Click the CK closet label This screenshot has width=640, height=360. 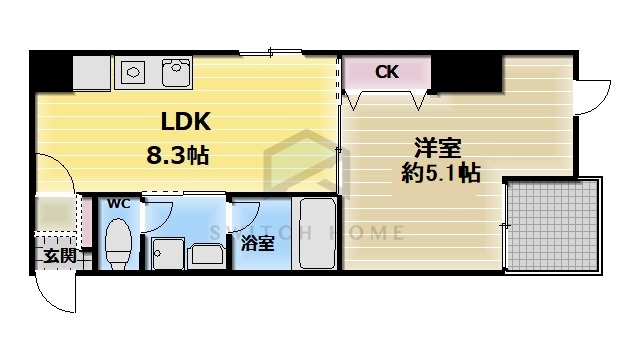pos(387,71)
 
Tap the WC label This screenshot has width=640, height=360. pos(119,204)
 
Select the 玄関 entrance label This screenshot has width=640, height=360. pos(58,254)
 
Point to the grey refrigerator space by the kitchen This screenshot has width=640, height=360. pos(92,73)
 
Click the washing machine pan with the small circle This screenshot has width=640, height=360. pos(167,254)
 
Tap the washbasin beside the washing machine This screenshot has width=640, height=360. pos(207,254)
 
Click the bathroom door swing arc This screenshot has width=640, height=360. pos(243,214)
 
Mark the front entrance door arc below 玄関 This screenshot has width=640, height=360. pos(58,292)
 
